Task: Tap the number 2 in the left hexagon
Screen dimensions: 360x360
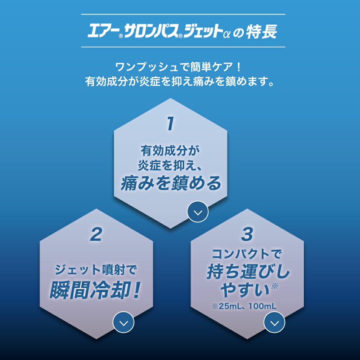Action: pos(96,235)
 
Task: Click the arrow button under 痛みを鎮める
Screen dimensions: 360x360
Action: pos(198,212)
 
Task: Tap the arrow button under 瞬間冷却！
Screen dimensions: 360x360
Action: pos(123,323)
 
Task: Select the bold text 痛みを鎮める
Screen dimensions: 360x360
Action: pos(171,184)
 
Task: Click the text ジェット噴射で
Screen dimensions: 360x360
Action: pos(96,269)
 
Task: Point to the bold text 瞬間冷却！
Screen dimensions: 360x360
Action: pos(94,291)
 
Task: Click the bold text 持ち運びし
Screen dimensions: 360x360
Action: pos(248,273)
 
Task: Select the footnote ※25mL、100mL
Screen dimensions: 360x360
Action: pos(244,306)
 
